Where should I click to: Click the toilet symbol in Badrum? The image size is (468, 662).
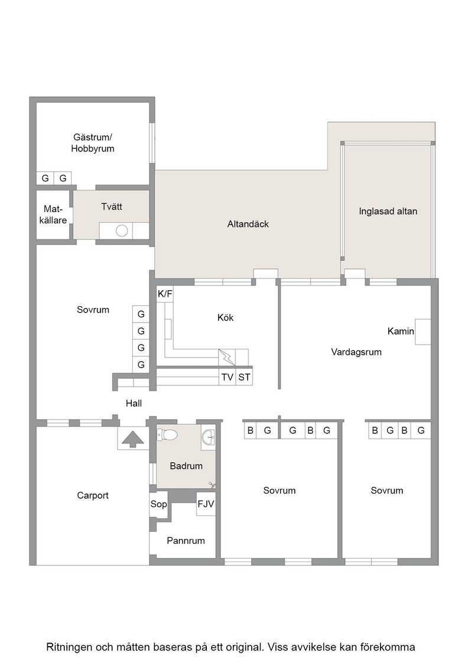(167, 434)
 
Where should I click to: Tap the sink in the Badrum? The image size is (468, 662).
(209, 437)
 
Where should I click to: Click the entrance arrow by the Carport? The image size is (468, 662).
(133, 439)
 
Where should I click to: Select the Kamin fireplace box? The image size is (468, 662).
(423, 332)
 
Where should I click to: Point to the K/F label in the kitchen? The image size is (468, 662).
(165, 294)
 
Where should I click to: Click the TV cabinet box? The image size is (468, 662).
(227, 377)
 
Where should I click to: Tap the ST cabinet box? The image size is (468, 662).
(244, 377)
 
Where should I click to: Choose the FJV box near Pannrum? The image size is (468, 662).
(206, 504)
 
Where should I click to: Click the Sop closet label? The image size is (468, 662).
(159, 504)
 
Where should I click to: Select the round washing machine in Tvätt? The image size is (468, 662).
(122, 231)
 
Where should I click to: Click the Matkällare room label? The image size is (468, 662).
(53, 215)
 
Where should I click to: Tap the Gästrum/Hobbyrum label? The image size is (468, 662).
(93, 142)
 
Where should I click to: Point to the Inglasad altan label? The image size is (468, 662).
(388, 211)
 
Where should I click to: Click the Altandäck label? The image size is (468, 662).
(248, 224)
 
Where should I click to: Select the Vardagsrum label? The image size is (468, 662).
(356, 352)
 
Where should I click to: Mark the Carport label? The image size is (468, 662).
(93, 495)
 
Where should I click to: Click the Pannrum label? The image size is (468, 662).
(186, 540)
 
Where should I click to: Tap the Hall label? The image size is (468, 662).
(134, 403)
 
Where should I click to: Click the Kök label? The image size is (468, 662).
(225, 317)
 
